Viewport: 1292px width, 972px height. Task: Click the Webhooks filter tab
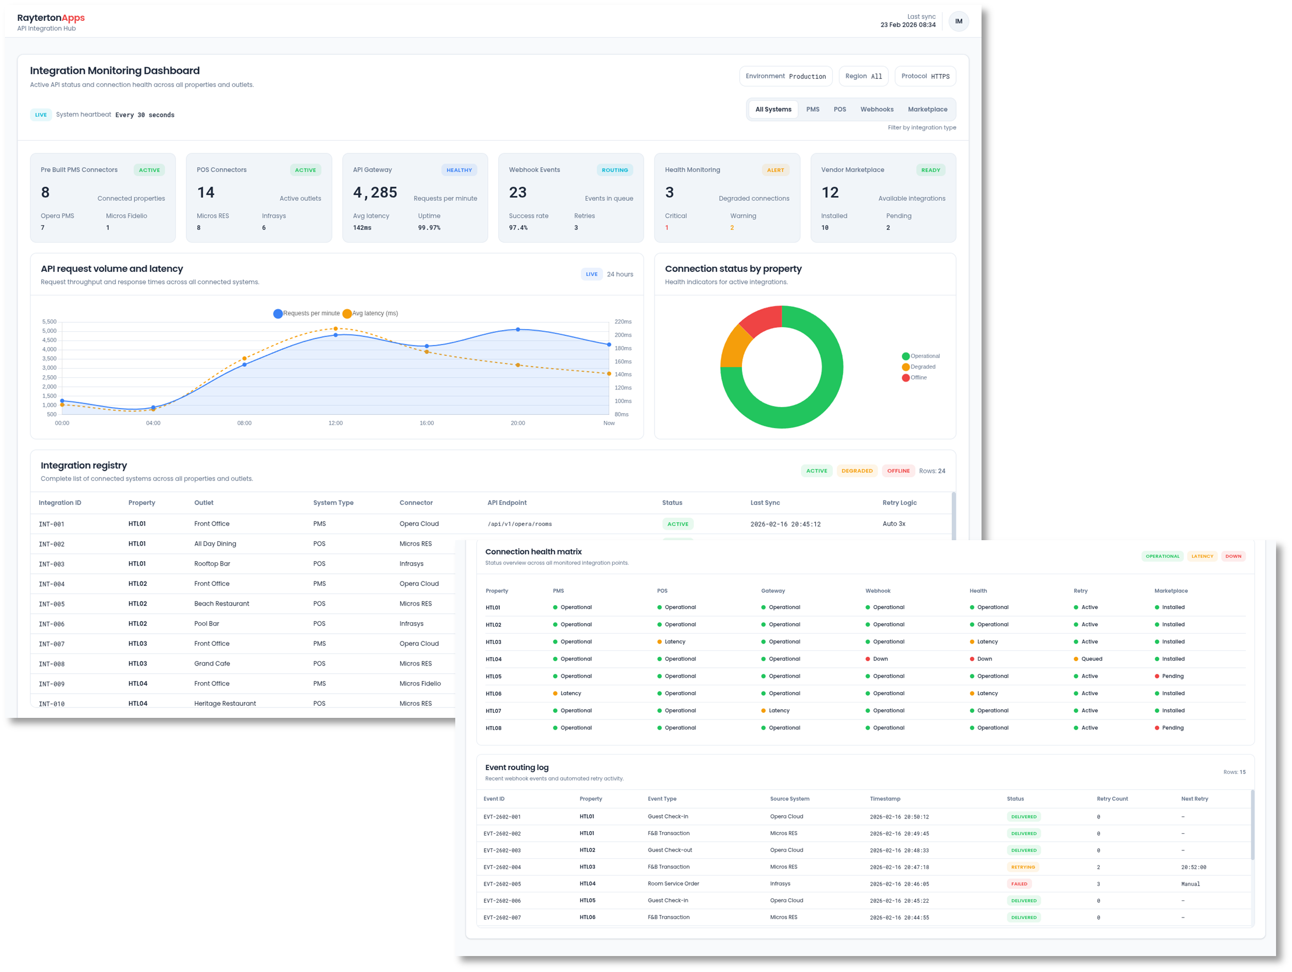(876, 109)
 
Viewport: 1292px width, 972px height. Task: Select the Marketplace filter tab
(927, 109)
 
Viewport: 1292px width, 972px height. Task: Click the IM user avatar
(958, 21)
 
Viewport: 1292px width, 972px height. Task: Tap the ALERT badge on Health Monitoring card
(775, 170)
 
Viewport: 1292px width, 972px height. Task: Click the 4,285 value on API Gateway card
(375, 193)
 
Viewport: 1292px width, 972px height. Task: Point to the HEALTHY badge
(459, 170)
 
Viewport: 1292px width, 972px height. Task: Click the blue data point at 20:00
(517, 330)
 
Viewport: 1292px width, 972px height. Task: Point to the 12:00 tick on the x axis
(335, 423)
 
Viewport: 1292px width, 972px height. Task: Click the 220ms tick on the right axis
(623, 322)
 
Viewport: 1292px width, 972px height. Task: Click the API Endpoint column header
(506, 503)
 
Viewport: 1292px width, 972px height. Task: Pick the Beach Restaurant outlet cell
(221, 603)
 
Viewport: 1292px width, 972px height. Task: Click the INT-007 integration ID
(51, 644)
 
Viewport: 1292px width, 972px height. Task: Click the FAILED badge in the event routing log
(1018, 884)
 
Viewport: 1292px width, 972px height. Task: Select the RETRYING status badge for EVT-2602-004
(1023, 867)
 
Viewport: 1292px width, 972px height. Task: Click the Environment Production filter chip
(785, 76)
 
